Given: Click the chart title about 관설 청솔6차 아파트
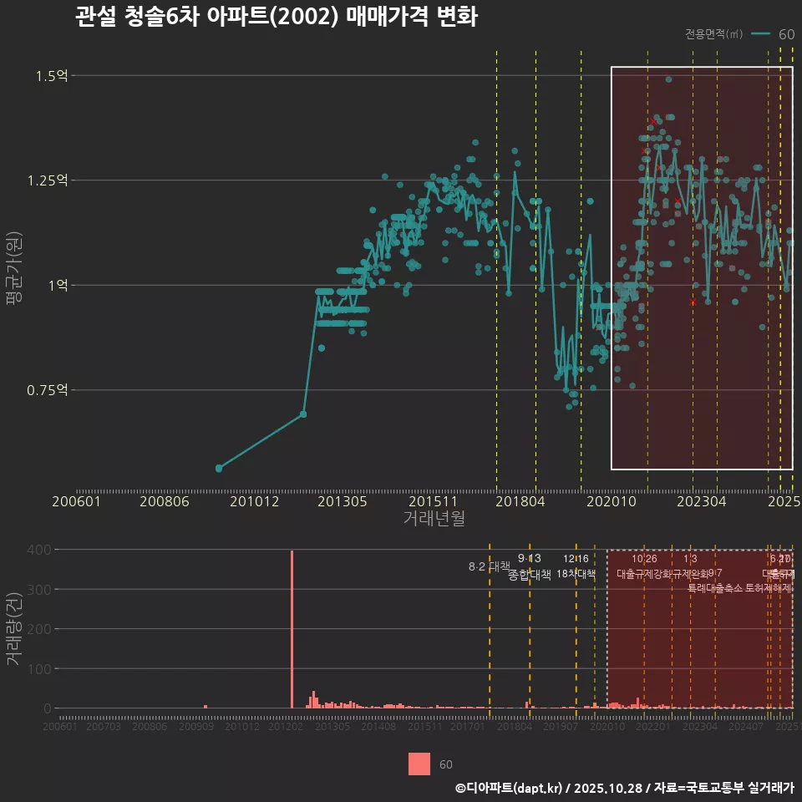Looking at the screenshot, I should [x=276, y=18].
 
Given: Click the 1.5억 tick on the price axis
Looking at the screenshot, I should [x=51, y=76].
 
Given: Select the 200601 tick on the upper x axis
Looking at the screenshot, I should [x=77, y=501].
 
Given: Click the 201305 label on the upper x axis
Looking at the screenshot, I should [x=340, y=501].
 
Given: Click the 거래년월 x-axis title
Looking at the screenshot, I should [x=434, y=519].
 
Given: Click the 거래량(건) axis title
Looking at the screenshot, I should [x=14, y=629].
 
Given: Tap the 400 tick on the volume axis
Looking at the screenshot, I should [x=42, y=550].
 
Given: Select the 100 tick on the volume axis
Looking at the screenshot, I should [x=42, y=669].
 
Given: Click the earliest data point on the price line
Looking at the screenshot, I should [x=219, y=469].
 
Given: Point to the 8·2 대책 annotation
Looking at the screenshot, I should [x=489, y=566].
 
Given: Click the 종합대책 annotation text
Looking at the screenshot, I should [x=530, y=575].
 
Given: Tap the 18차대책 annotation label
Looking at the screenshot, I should [x=576, y=574].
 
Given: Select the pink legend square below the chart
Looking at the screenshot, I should [x=419, y=764].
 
